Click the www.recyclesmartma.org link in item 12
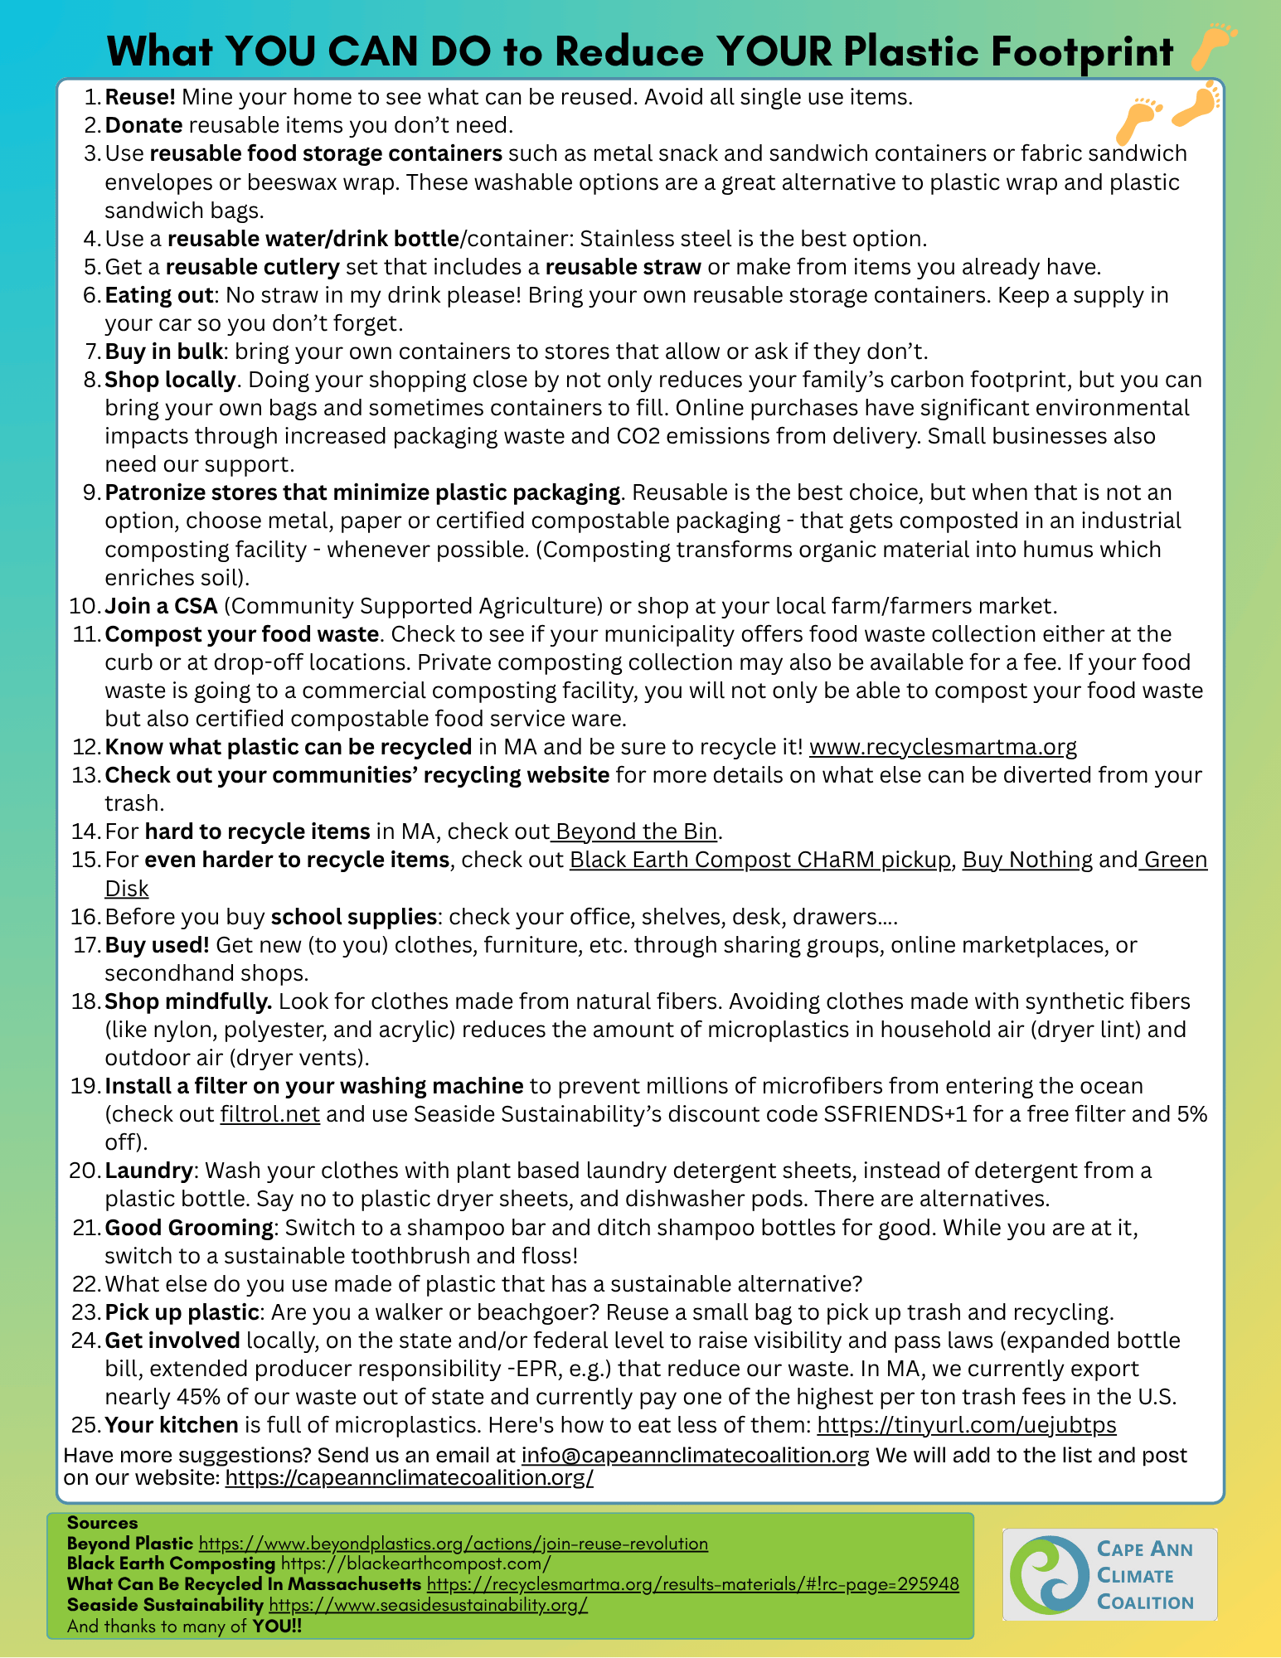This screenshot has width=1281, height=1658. (943, 747)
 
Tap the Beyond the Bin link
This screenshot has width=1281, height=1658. (636, 831)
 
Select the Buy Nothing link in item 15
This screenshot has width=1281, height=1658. (1027, 860)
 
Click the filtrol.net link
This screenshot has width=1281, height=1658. (269, 1114)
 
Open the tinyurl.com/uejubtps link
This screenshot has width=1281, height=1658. (967, 1425)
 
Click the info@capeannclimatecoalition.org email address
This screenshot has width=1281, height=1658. (695, 1455)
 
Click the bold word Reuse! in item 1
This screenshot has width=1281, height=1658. (140, 97)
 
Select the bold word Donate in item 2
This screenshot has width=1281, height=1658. (143, 125)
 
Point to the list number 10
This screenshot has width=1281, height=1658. (84, 606)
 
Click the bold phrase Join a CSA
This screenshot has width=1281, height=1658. (161, 606)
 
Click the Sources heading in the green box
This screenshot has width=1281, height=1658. (102, 1523)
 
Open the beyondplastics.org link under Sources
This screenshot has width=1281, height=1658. (454, 1544)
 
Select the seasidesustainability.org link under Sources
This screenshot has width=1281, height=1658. (428, 1605)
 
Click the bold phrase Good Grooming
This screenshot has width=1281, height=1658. (189, 1227)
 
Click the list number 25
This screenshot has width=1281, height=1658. (85, 1425)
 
